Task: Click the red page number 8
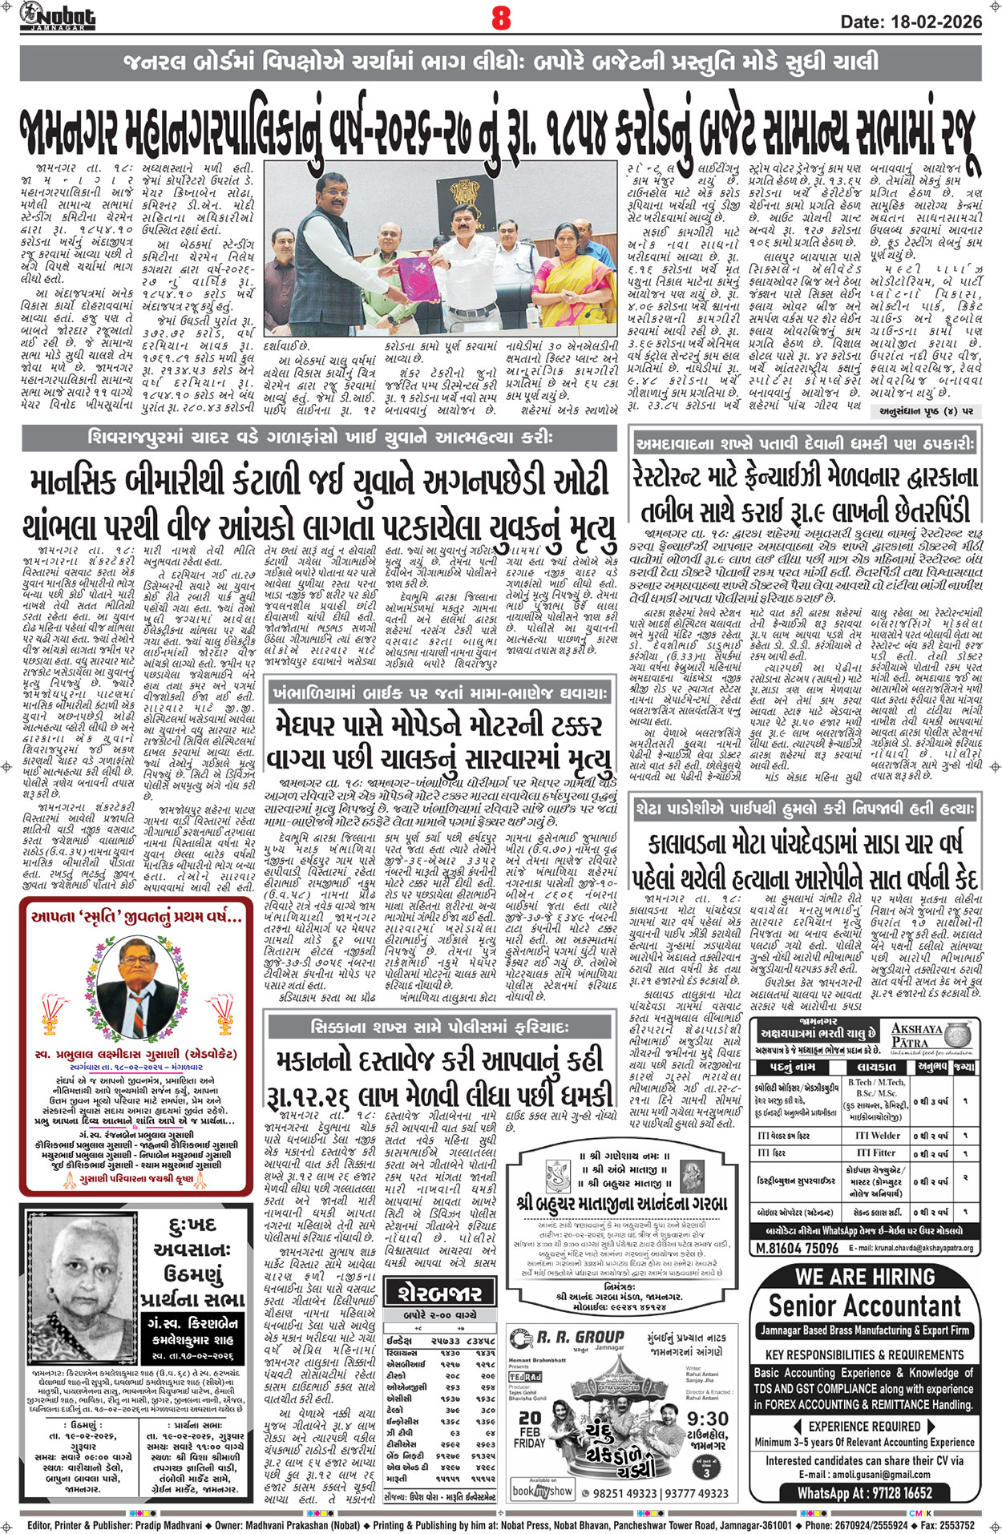pos(501,18)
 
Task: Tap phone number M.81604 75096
pos(797,1248)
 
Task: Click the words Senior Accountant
pos(864,1306)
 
